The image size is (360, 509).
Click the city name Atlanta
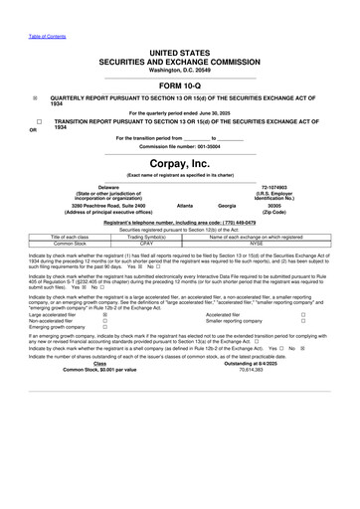184,205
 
